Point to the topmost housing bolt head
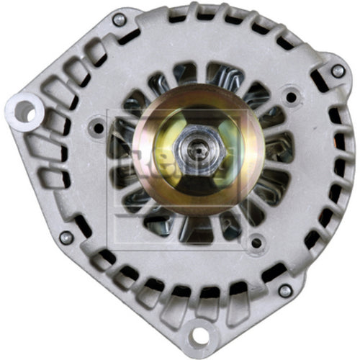(x=119, y=19)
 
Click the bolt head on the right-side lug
(x=336, y=71)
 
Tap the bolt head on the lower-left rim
(x=65, y=236)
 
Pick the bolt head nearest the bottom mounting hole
(x=284, y=291)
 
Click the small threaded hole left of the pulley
(x=98, y=128)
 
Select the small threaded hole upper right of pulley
(x=290, y=95)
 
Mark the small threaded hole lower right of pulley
(x=256, y=243)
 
